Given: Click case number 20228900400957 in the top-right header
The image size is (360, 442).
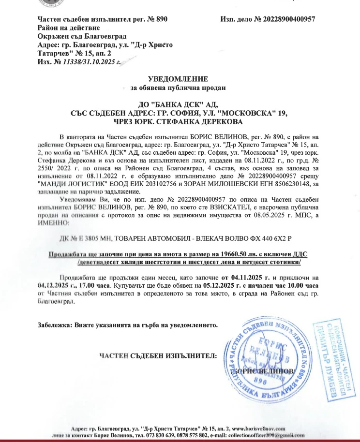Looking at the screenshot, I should coord(288,19).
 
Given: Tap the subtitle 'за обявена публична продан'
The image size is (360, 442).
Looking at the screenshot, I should coord(178,88).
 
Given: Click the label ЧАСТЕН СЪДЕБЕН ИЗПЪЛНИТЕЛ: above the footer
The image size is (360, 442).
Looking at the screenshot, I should coord(158,356).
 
